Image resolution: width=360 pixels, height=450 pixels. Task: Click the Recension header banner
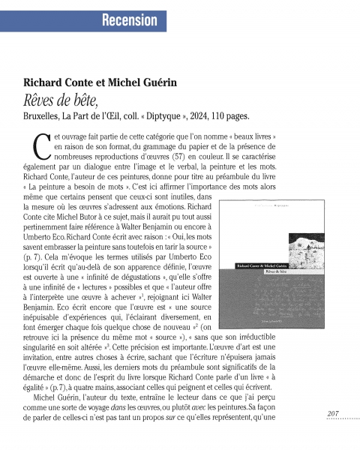coord(135,19)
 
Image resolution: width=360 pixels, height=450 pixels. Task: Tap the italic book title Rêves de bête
coord(57,100)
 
